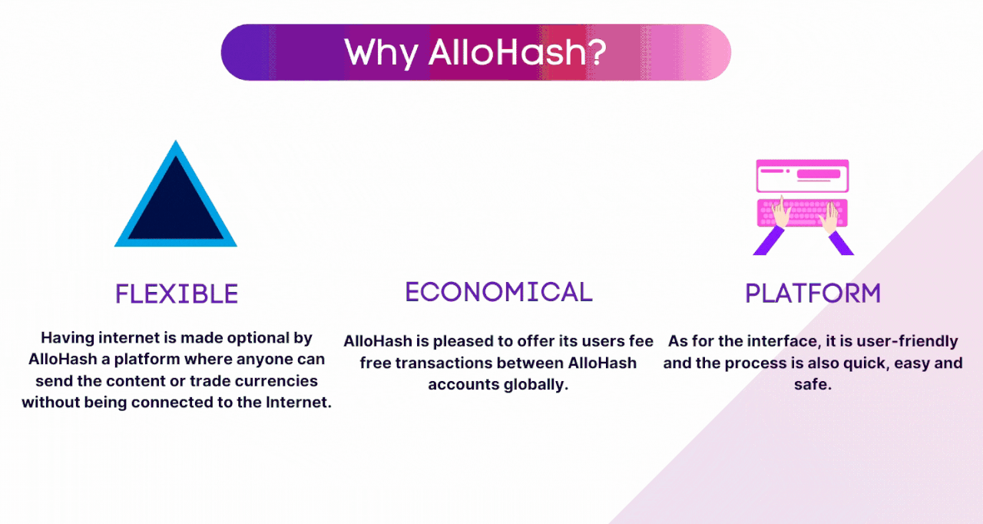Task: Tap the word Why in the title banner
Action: coord(381,55)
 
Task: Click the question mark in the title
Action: coord(597,52)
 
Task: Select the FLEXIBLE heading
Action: coord(177,294)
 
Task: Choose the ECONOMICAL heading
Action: coord(499,292)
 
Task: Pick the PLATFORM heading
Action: coord(813,294)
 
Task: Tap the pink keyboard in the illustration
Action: coord(803,213)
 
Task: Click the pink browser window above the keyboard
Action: coord(803,175)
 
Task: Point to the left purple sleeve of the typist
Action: coord(769,240)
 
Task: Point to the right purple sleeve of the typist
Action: coord(841,243)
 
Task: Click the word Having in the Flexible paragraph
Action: coord(68,338)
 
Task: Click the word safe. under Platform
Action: coord(813,384)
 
